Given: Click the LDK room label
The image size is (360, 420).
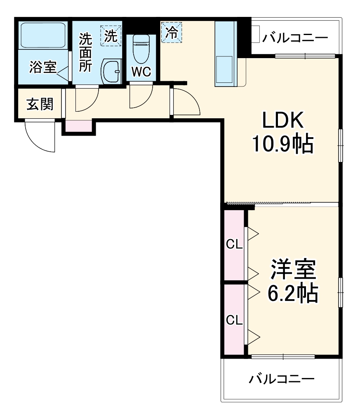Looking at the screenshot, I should click(283, 121).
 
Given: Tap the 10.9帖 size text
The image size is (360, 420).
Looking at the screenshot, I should click(283, 144).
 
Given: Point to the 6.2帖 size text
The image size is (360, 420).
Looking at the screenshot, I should click(293, 293).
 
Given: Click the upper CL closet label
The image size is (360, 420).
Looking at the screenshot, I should click(234, 245).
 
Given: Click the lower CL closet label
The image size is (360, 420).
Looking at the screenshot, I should click(234, 319).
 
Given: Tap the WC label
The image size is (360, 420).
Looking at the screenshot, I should click(141, 72).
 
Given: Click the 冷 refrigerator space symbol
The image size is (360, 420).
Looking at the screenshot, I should click(171, 32).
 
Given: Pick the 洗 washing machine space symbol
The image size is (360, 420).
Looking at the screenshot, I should click(111, 35).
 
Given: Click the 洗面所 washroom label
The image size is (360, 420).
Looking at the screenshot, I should click(86, 53).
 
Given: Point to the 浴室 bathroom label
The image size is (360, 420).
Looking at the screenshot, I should click(43, 67).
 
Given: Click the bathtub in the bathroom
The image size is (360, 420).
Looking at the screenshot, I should click(43, 35).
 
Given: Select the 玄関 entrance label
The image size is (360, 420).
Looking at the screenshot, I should click(40, 104).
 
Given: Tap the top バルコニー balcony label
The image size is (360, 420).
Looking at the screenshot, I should click(295, 38).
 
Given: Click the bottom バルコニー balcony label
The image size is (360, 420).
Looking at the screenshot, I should click(282, 378).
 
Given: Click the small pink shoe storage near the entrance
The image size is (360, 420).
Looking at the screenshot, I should click(79, 126).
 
